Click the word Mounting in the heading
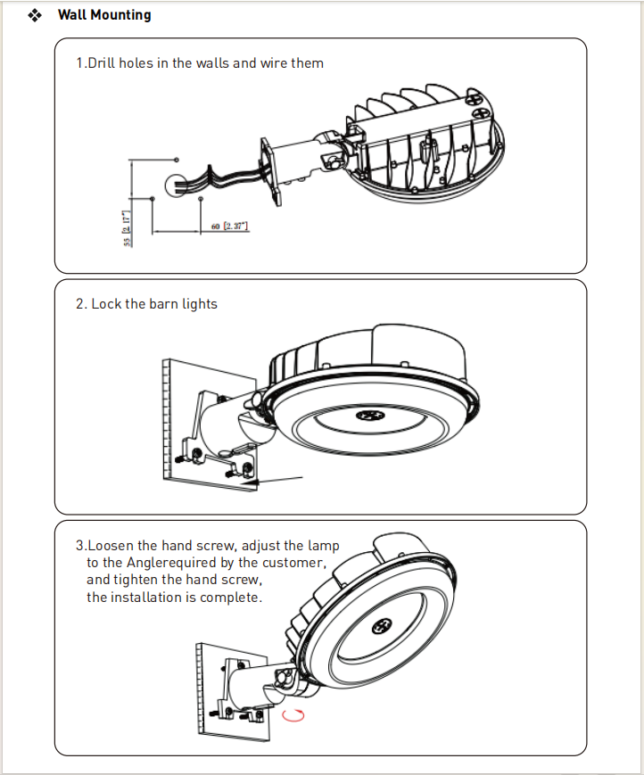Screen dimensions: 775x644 click(120, 15)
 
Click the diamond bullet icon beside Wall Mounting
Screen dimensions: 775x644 click(36, 15)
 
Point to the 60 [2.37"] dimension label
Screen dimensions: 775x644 click(230, 227)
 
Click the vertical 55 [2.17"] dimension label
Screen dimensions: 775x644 click(128, 228)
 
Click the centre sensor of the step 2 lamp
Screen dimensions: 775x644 click(367, 416)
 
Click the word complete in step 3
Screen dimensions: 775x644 click(231, 597)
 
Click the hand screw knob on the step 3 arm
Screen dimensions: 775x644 click(284, 680)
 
